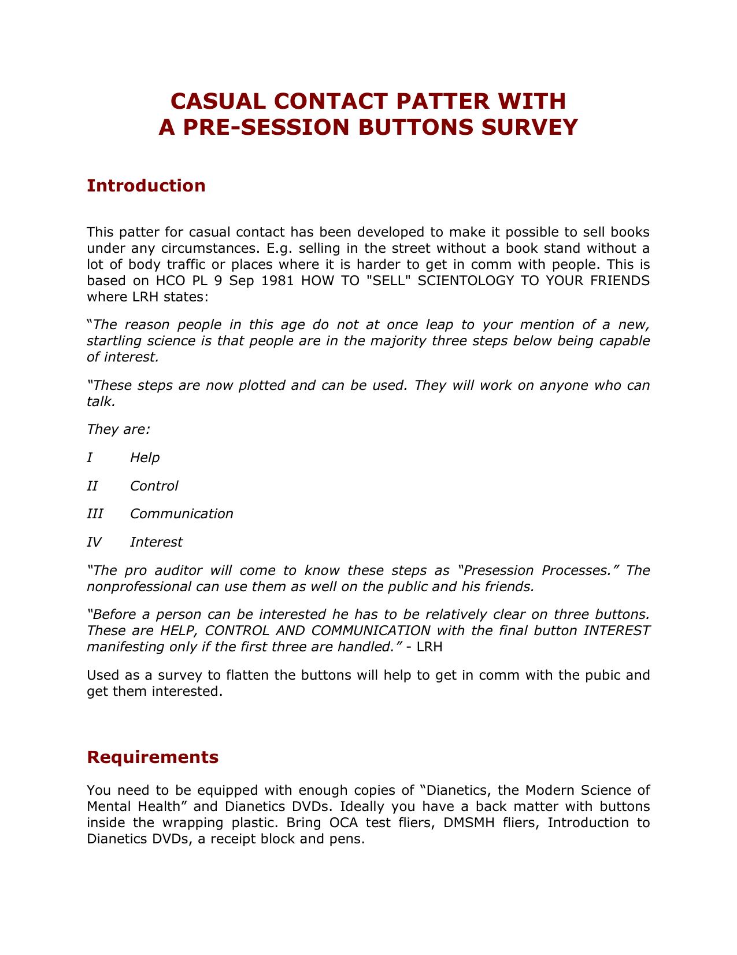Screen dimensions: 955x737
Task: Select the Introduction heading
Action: pos(146,186)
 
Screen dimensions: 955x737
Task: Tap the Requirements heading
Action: pos(153,757)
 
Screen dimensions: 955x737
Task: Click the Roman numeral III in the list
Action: pos(95,514)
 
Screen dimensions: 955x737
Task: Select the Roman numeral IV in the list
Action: pos(94,542)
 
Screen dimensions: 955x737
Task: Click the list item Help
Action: pos(145,458)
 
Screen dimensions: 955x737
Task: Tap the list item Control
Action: pos(154,486)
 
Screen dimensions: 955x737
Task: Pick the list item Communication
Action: pos(182,514)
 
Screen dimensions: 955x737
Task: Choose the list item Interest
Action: pos(156,542)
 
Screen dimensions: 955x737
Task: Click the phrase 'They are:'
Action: pos(118,429)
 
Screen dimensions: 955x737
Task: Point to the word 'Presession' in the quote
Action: pos(497,570)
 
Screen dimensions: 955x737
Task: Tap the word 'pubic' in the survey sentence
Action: pos(603,675)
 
